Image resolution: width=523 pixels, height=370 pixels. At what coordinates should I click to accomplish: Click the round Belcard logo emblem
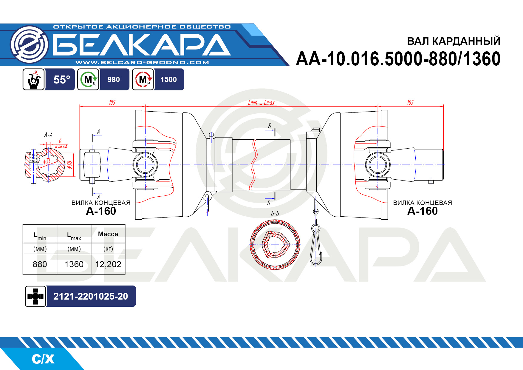29,44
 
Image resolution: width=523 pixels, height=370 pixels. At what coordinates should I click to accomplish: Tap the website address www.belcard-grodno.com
142,62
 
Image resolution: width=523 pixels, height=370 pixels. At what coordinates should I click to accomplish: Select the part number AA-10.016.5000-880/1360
398,59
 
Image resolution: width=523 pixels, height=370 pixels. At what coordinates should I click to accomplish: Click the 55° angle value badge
62,80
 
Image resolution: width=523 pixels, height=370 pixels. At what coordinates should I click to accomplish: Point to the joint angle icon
34,79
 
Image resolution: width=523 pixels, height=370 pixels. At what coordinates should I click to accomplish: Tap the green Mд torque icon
88,79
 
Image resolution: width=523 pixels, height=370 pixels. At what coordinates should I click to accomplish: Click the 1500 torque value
168,80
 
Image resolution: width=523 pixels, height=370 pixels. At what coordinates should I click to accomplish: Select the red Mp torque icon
143,79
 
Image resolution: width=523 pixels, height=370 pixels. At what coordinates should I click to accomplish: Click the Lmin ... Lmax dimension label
261,103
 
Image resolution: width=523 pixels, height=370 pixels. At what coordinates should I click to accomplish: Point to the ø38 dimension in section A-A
70,165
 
